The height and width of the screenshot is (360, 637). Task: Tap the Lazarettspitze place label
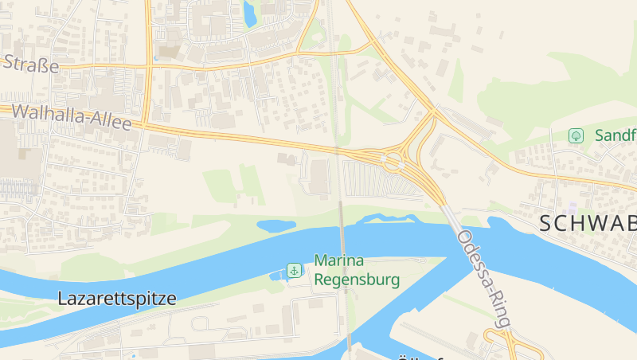116,299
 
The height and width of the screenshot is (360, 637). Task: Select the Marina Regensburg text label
357,270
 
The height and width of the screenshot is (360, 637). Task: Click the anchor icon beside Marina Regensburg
294,271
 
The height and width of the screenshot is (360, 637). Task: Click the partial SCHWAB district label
588,224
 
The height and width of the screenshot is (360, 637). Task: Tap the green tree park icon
576,136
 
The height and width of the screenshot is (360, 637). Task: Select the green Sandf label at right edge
616,136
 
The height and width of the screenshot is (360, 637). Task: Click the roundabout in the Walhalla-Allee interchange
393,162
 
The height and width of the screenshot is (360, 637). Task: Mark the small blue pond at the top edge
249,14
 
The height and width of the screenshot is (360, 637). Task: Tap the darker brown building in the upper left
170,52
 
